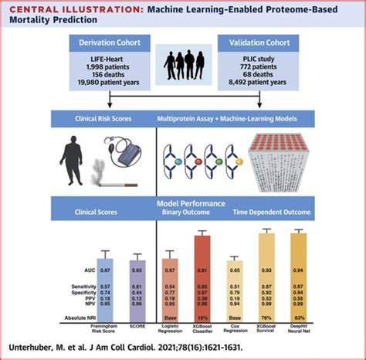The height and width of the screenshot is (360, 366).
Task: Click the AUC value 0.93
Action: (266, 270)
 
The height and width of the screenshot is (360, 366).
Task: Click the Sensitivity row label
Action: (75, 286)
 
